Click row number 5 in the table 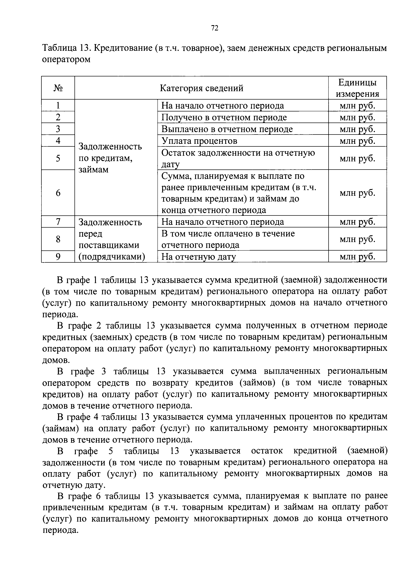58,158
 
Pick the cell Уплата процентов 199,141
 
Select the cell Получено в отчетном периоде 224,117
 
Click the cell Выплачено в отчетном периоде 227,129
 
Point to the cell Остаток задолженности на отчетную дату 238,158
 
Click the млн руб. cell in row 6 357,193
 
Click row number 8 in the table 58,239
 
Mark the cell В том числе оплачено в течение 228,233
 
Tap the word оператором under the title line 66,59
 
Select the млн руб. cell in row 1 357,105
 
